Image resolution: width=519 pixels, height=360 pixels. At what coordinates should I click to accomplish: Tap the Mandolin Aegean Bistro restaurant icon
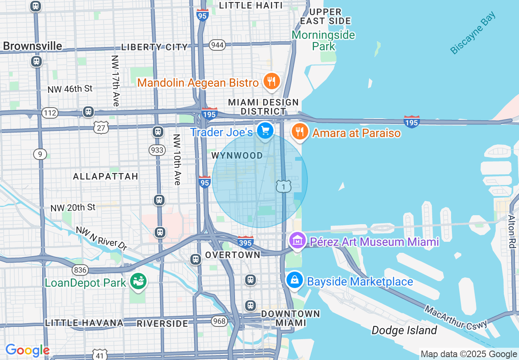click(271, 81)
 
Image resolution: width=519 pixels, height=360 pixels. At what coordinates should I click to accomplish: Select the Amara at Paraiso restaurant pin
click(300, 132)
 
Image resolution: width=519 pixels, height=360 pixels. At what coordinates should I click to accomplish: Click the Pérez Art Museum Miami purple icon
click(298, 241)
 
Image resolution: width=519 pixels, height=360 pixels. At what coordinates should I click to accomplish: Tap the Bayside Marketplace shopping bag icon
click(294, 280)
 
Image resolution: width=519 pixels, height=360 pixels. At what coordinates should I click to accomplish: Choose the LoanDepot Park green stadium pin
click(138, 281)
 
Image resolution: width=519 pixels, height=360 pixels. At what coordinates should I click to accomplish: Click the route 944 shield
click(217, 45)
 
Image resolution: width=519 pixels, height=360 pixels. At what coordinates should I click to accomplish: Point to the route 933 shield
click(157, 150)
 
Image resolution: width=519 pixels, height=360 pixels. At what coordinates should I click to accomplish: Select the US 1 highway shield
click(283, 186)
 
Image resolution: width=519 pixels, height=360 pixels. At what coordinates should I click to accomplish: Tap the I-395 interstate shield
click(246, 242)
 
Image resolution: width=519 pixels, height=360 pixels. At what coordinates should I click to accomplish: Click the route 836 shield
click(80, 270)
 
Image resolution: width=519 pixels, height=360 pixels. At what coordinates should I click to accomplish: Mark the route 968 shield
click(219, 321)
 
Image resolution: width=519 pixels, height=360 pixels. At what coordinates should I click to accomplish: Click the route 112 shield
click(50, 112)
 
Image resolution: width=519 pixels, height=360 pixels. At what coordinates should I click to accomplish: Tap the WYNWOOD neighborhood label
click(237, 156)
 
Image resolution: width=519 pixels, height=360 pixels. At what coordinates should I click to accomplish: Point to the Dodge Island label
click(404, 330)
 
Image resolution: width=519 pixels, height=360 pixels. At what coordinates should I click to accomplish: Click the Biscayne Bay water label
click(473, 33)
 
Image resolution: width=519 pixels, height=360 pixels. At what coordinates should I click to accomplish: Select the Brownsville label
click(33, 46)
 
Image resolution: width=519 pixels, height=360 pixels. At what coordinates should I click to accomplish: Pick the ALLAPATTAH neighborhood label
click(106, 176)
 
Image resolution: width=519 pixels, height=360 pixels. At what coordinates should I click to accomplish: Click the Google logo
click(27, 350)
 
